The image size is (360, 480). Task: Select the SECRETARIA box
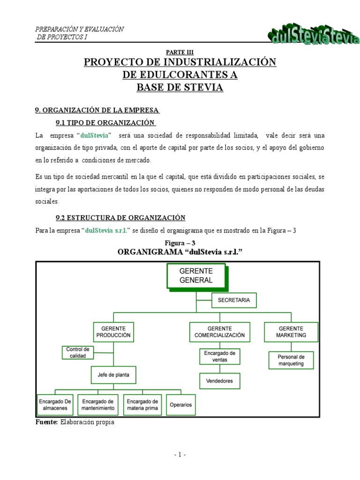(234, 300)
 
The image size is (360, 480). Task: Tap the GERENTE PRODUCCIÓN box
(113, 332)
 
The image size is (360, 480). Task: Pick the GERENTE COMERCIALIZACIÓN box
(219, 332)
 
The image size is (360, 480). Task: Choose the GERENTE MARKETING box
(291, 332)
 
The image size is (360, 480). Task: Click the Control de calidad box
(78, 352)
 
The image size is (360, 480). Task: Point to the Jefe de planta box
(113, 375)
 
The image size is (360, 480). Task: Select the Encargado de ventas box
(219, 356)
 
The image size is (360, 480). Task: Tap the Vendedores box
(219, 381)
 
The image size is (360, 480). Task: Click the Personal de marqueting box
(291, 360)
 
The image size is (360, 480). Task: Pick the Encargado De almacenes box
(56, 405)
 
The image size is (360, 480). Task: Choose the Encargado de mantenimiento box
(97, 405)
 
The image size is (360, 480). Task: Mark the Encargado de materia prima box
(142, 405)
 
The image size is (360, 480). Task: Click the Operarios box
(180, 405)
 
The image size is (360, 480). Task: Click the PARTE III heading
(180, 52)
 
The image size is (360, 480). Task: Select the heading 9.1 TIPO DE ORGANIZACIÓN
(105, 123)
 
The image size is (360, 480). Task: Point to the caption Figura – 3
(180, 243)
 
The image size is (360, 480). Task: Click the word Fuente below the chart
(46, 422)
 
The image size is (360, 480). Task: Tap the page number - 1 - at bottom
(180, 455)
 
